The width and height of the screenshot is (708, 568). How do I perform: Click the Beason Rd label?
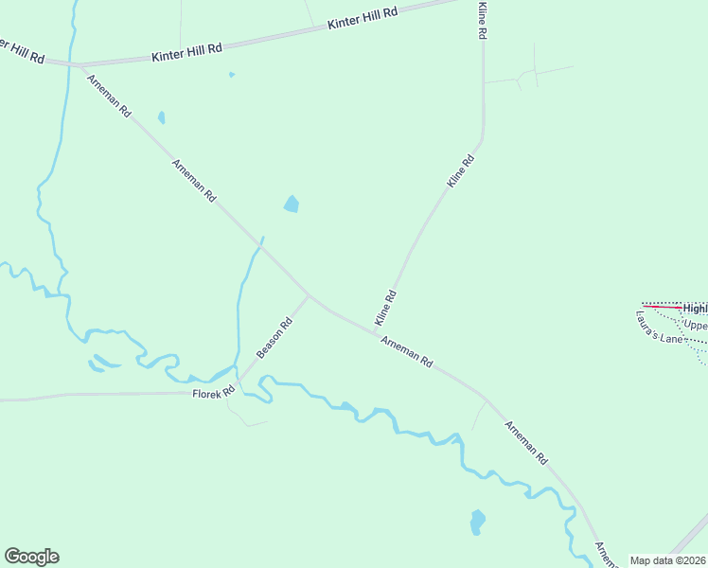pyautogui.click(x=274, y=337)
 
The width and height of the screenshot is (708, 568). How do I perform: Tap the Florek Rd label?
pyautogui.click(x=213, y=393)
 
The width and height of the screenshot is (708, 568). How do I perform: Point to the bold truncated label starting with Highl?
pyautogui.click(x=695, y=308)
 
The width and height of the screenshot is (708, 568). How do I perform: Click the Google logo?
pyautogui.click(x=31, y=557)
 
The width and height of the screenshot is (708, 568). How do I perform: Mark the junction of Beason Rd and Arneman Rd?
pyautogui.click(x=308, y=294)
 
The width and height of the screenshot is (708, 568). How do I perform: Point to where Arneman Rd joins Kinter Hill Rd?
pyautogui.click(x=80, y=66)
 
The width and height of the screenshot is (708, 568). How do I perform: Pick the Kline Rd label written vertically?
pyautogui.click(x=482, y=20)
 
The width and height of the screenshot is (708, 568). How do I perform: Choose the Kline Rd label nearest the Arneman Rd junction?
pyautogui.click(x=385, y=306)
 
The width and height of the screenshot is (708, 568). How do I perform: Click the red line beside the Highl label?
pyautogui.click(x=662, y=307)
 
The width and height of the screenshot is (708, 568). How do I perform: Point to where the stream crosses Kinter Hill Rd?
pyautogui.click(x=68, y=64)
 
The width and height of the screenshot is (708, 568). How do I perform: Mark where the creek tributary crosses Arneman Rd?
pyautogui.click(x=260, y=246)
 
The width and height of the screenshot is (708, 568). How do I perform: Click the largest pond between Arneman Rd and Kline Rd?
pyautogui.click(x=292, y=204)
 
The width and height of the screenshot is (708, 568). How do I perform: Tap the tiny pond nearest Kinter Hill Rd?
pyautogui.click(x=231, y=74)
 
